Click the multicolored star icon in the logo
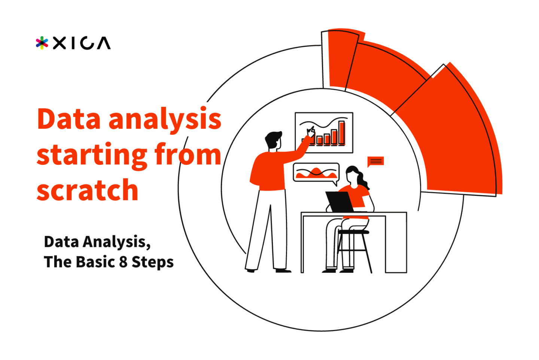(x=42, y=43)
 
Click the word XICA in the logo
(x=82, y=43)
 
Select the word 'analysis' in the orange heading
(x=165, y=120)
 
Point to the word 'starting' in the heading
(x=92, y=155)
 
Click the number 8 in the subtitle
(x=123, y=262)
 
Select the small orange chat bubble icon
(x=375, y=161)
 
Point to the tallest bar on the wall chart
(x=342, y=133)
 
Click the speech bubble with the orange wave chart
(x=316, y=173)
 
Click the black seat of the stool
(x=353, y=232)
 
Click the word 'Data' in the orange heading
(x=69, y=119)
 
